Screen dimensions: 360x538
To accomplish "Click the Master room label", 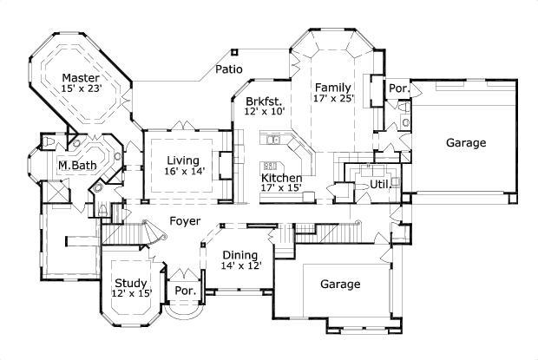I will click(x=80, y=77).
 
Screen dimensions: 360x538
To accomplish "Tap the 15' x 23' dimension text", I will click(x=82, y=88).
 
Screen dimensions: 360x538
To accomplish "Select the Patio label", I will click(x=229, y=69).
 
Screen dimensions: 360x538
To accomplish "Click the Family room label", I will click(x=332, y=87).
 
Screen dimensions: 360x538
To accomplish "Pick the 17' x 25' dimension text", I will click(x=333, y=99).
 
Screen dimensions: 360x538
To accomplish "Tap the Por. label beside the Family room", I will click(x=398, y=88).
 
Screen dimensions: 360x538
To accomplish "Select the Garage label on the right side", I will click(x=466, y=142).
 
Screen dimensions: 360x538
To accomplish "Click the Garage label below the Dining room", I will click(x=341, y=284).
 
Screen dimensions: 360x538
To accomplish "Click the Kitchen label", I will click(x=282, y=178).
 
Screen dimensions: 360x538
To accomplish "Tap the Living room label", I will click(x=182, y=160).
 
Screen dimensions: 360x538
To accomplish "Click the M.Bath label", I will click(x=75, y=166).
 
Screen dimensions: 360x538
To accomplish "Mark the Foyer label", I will click(x=186, y=220).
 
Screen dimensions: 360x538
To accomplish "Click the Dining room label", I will click(x=238, y=254).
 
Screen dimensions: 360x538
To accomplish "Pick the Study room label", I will click(x=131, y=282).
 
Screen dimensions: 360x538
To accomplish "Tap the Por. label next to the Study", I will click(x=184, y=290).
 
